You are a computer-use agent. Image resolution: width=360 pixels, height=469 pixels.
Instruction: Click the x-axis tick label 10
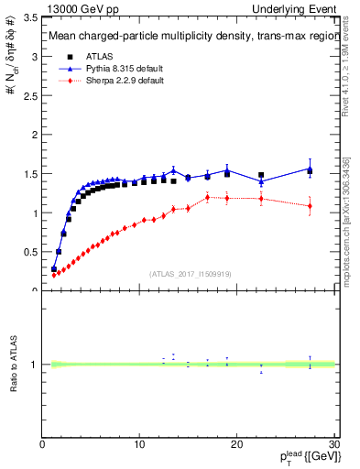coord(139,445)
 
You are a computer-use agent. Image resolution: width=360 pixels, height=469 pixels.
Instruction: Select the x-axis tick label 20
coord(236,445)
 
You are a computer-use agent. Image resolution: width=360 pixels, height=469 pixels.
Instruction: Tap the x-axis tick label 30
coord(333,445)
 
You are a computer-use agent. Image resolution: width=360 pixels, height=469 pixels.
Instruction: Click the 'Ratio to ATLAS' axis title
coord(12,365)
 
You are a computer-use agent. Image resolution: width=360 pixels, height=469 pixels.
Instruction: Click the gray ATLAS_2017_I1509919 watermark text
coord(189,274)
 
